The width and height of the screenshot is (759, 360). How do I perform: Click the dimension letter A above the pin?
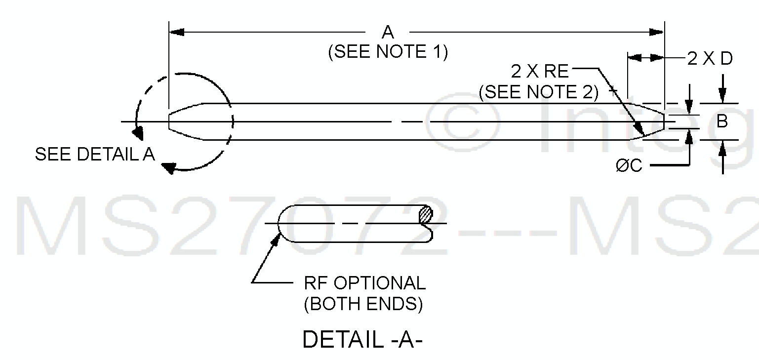pyautogui.click(x=388, y=32)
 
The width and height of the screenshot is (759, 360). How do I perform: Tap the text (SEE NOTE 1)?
pyautogui.click(x=388, y=52)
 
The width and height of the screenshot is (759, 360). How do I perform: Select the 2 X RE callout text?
pyautogui.click(x=540, y=72)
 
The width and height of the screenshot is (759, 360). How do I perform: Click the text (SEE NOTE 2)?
pyautogui.click(x=539, y=92)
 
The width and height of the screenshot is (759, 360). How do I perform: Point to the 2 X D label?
pyautogui.click(x=711, y=59)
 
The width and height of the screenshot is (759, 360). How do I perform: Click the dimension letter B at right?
pyautogui.click(x=722, y=121)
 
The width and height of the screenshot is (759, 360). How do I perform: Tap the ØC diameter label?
pyautogui.click(x=629, y=165)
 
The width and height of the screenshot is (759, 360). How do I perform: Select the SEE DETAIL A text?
pyautogui.click(x=95, y=155)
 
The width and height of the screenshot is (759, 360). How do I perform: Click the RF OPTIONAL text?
pyautogui.click(x=364, y=283)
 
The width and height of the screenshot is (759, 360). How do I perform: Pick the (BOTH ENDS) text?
pyautogui.click(x=363, y=304)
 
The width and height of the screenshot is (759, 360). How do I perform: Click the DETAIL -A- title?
pyautogui.click(x=363, y=339)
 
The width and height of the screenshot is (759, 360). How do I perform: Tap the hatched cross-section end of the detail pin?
pyautogui.click(x=426, y=215)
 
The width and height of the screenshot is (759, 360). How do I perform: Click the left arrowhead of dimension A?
pyautogui.click(x=176, y=32)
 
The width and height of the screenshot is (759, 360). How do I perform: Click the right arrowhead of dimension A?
pyautogui.click(x=657, y=32)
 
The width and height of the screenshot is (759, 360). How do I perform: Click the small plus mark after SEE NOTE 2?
pyautogui.click(x=613, y=91)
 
